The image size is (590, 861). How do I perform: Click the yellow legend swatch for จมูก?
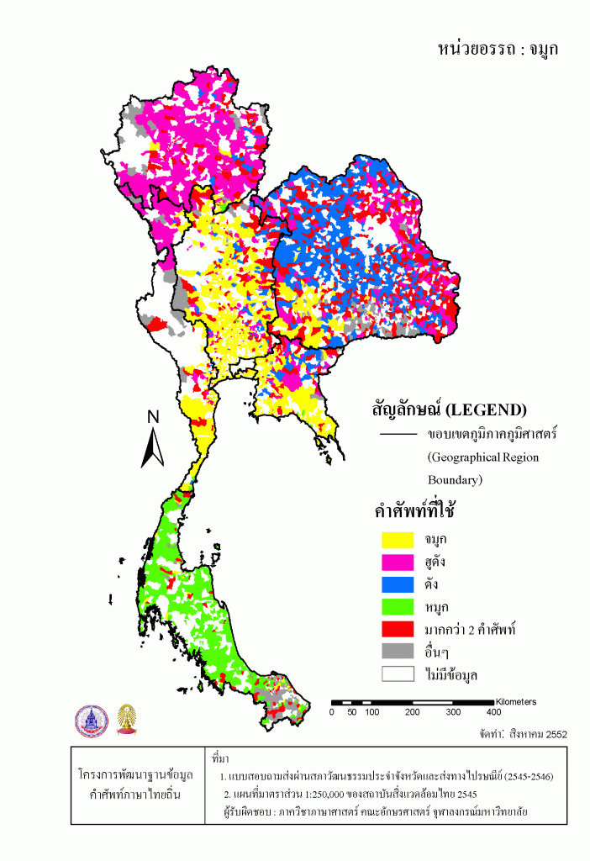[x=397, y=538]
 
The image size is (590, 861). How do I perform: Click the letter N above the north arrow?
[x=153, y=417]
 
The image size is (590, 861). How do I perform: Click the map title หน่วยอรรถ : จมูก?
[x=498, y=48]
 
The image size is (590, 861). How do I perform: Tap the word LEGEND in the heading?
[x=484, y=410]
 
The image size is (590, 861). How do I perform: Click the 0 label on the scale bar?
[x=332, y=712]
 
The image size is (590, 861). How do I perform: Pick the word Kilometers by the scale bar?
[x=516, y=701]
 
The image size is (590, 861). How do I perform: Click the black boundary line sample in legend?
[x=398, y=435]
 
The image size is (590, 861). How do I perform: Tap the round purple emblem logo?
[x=91, y=721]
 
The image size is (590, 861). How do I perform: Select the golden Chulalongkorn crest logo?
[x=128, y=721]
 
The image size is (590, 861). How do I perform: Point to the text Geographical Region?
[x=482, y=458]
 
